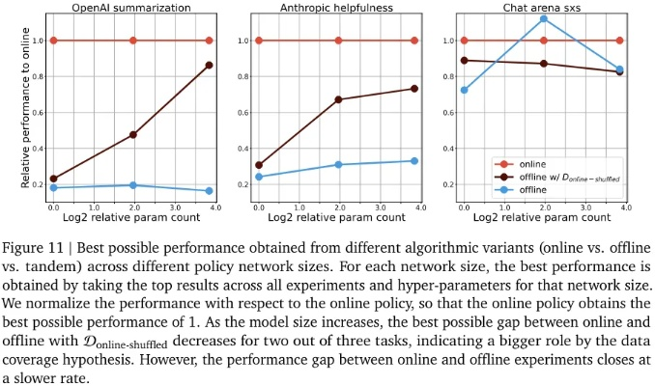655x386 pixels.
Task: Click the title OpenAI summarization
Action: pyautogui.click(x=131, y=8)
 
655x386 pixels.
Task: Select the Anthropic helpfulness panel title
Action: pyautogui.click(x=336, y=8)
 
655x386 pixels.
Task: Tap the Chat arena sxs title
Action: pyautogui.click(x=541, y=8)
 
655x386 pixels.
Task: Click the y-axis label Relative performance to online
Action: pyautogui.click(x=25, y=108)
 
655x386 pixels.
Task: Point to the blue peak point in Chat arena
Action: pyautogui.click(x=544, y=18)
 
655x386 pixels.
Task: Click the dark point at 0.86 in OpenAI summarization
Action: pyautogui.click(x=209, y=65)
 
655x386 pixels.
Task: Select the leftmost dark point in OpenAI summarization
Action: pyautogui.click(x=53, y=179)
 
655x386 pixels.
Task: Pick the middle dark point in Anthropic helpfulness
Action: pyautogui.click(x=338, y=99)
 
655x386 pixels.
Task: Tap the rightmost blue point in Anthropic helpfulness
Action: pyautogui.click(x=414, y=161)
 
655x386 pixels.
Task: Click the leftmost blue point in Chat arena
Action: pyautogui.click(x=464, y=90)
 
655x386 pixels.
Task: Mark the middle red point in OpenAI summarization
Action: pyautogui.click(x=133, y=41)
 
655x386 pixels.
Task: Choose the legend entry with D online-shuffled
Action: pyautogui.click(x=556, y=178)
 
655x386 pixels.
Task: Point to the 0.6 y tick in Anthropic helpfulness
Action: pyautogui.click(x=243, y=113)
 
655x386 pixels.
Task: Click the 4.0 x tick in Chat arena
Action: pyautogui.click(x=626, y=207)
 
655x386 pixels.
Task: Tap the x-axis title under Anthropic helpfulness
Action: pyautogui.click(x=336, y=217)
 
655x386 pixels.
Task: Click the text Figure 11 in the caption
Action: pyautogui.click(x=33, y=248)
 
